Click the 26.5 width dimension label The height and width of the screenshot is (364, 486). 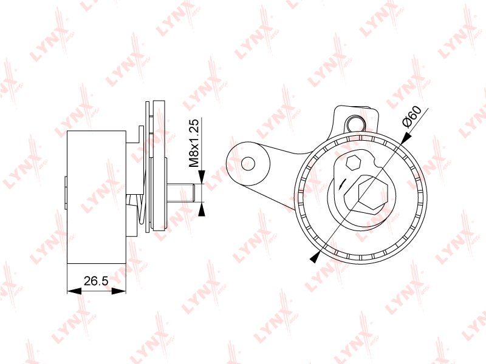(x=96, y=281)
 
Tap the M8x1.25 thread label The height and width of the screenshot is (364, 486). (x=194, y=143)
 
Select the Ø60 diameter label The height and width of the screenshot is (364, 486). (x=412, y=116)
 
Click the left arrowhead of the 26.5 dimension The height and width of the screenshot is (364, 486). (x=74, y=291)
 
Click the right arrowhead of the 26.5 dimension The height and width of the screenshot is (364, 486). (x=118, y=291)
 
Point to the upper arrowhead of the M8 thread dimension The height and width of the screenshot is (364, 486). (x=202, y=177)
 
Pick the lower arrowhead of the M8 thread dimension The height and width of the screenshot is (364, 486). (x=202, y=210)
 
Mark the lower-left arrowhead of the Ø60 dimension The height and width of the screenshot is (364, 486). (x=315, y=257)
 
